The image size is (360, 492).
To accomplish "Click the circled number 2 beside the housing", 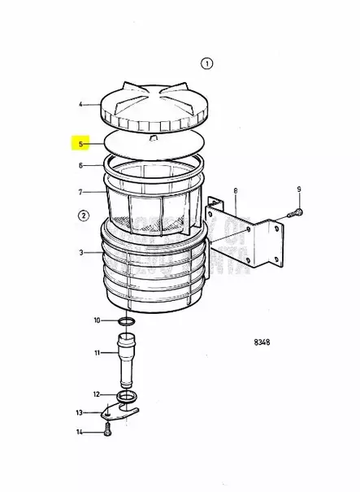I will coord(83,216).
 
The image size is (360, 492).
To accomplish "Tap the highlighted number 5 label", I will coord(80,144).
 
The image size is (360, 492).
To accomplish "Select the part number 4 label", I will coord(80,104).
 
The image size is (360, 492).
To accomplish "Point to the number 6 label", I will coord(80,165).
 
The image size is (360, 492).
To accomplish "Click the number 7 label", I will coord(80,192).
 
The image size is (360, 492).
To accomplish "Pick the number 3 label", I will coord(80,253).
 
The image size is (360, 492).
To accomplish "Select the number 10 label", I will coord(98,320).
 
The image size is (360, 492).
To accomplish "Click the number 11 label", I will coord(98,353).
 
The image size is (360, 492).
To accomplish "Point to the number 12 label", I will coord(98,394).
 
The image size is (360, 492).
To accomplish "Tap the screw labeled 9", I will coord(295,214).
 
